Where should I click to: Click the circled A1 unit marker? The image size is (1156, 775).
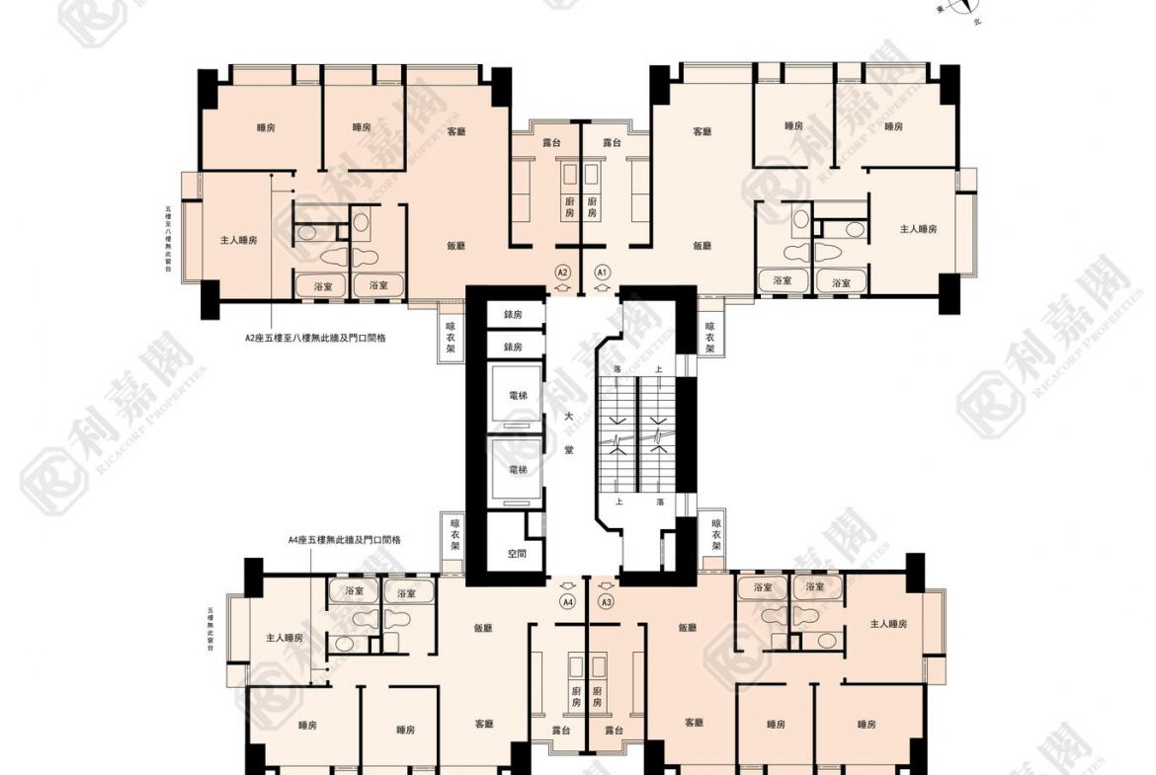(602, 271)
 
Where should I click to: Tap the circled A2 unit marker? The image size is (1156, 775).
(562, 271)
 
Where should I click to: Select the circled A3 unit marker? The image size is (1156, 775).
(607, 601)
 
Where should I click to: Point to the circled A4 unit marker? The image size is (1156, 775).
(567, 601)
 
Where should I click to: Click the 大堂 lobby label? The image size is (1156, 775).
(569, 433)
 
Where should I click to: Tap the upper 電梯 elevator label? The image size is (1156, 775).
(517, 393)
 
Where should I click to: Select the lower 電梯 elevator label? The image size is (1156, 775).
(517, 469)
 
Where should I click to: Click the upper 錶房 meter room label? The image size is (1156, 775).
(512, 315)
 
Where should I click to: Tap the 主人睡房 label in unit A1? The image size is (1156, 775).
(918, 228)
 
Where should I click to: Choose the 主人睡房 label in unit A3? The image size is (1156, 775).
(888, 624)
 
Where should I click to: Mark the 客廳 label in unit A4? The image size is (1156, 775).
(483, 723)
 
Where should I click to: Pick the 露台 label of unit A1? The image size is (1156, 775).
(612, 143)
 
